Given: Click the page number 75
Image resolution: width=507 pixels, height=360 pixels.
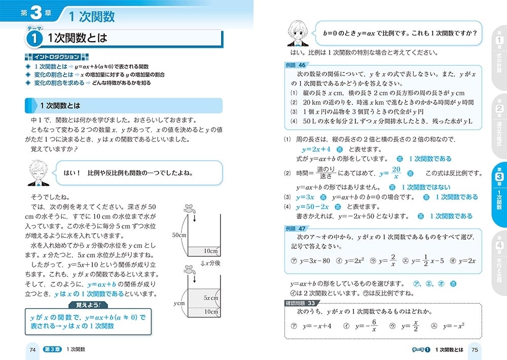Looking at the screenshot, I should [x=475, y=349].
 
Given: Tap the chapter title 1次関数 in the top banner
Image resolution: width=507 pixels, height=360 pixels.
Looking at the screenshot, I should [x=92, y=16].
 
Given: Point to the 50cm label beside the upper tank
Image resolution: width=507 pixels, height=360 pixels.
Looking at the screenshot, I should [x=179, y=235].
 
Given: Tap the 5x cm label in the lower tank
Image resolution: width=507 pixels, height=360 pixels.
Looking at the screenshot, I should [x=211, y=298].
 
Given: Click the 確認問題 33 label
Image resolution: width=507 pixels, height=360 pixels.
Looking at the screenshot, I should [x=302, y=303].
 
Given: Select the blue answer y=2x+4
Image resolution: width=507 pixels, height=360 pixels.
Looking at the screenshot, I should [x=316, y=149].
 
